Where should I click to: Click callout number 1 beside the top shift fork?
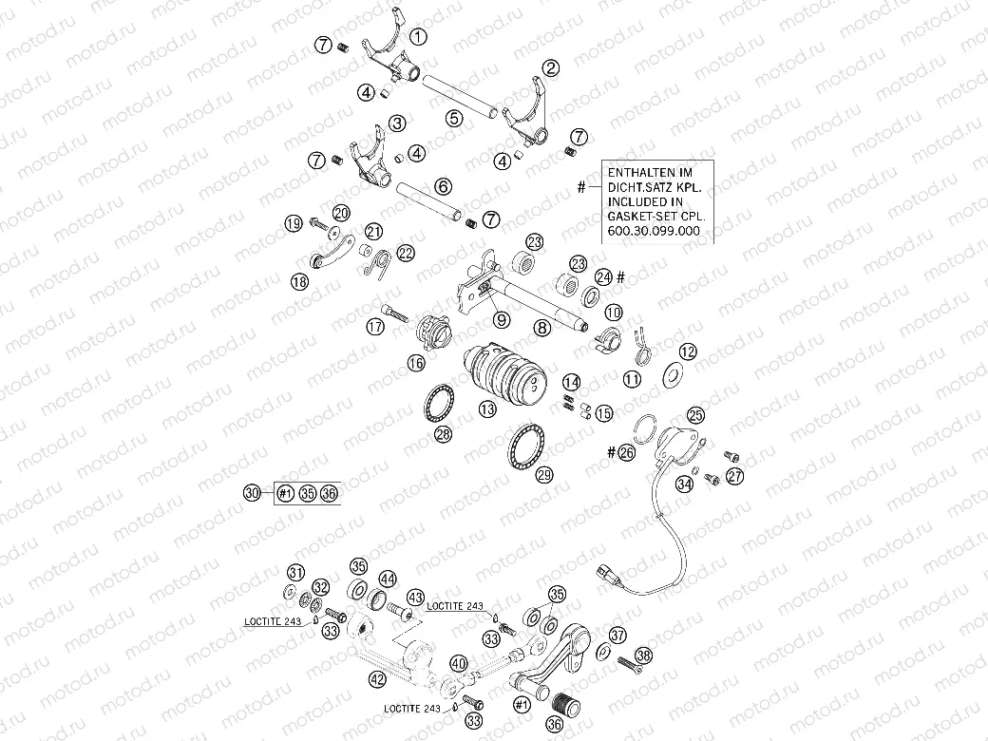click(x=418, y=36)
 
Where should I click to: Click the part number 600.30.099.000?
click(x=658, y=231)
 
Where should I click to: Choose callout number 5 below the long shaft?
click(x=455, y=118)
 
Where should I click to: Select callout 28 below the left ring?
click(x=442, y=434)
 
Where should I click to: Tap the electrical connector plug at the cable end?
click(x=606, y=572)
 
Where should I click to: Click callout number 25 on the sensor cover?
click(x=696, y=415)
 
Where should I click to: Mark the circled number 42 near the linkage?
click(x=377, y=678)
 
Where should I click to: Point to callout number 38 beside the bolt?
click(x=644, y=655)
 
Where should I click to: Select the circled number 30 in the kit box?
click(x=251, y=492)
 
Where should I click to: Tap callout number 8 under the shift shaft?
click(x=541, y=328)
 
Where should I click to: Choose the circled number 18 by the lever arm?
click(x=299, y=281)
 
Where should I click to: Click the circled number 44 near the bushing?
click(x=388, y=579)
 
